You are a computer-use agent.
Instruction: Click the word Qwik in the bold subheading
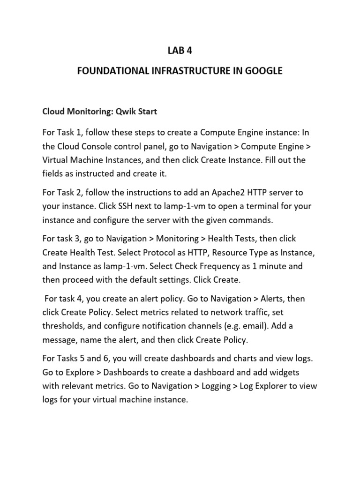click(113, 112)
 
